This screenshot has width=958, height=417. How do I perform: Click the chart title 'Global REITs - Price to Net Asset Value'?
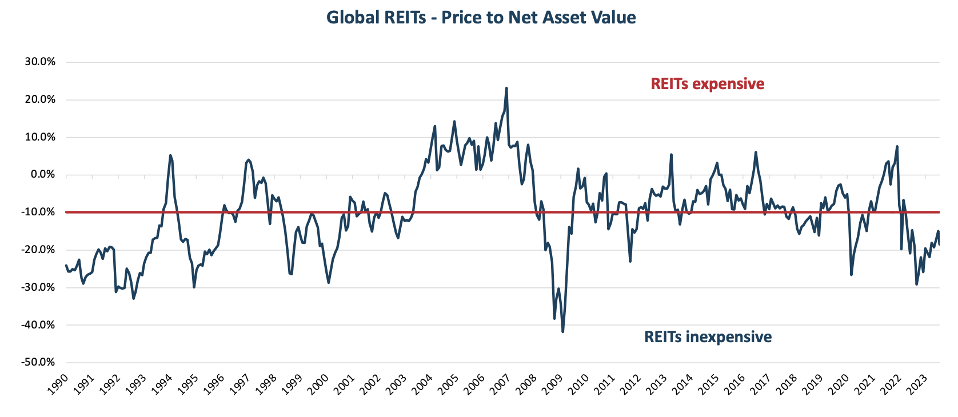[481, 18]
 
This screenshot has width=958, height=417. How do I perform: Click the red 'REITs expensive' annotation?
[707, 84]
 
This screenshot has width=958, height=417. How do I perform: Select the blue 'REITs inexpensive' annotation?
[708, 337]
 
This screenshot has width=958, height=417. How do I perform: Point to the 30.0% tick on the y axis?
[40, 62]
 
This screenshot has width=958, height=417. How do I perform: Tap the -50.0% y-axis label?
[39, 362]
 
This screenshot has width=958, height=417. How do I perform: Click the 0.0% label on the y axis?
[42, 174]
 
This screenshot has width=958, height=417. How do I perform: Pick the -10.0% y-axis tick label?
[39, 212]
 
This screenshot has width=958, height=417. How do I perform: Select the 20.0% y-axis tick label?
[40, 99]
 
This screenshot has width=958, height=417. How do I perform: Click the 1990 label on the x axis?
[58, 384]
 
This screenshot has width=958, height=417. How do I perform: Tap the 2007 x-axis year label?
[501, 384]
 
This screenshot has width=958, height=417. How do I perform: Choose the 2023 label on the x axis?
[917, 384]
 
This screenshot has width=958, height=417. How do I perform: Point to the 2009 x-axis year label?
[553, 384]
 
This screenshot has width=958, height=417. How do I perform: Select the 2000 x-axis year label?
[318, 384]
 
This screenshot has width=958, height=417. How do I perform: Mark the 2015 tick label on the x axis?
[709, 384]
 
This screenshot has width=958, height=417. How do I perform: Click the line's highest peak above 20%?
[506, 89]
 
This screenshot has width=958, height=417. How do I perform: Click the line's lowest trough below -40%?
[563, 331]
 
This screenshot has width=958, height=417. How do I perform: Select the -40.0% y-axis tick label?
[39, 324]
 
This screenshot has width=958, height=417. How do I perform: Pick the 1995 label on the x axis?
[188, 384]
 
